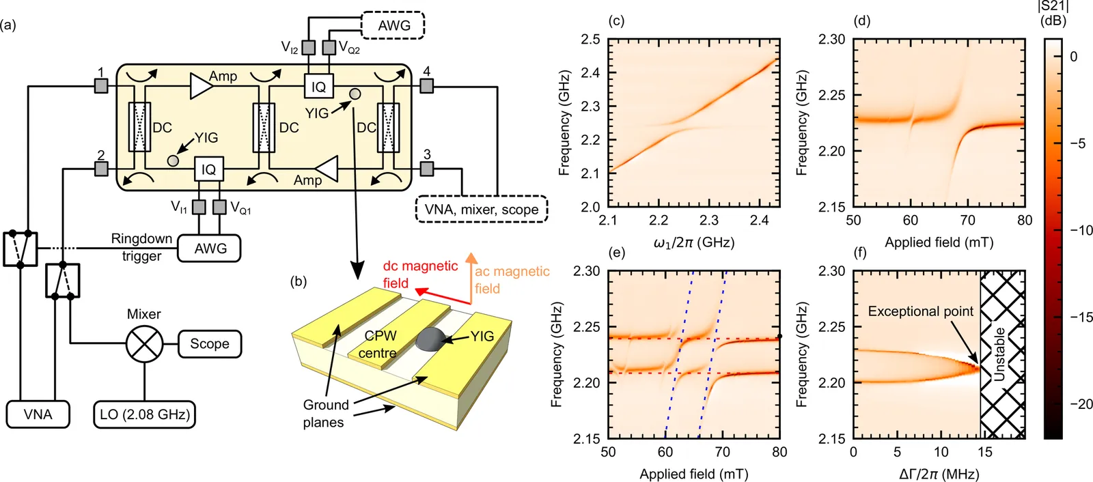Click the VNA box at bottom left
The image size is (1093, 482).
[38, 414]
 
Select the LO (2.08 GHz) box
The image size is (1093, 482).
[145, 414]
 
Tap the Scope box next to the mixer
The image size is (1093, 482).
[210, 344]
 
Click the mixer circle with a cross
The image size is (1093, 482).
[144, 344]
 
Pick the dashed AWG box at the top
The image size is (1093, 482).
[393, 26]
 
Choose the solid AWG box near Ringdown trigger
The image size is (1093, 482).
[210, 249]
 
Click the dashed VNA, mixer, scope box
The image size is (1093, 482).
[481, 210]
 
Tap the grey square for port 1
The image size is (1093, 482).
[101, 86]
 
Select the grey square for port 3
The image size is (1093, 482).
[427, 168]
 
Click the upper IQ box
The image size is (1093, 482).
[318, 87]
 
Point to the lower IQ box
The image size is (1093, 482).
[208, 169]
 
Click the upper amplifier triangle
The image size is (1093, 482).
[200, 86]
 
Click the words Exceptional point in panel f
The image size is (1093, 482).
[920, 311]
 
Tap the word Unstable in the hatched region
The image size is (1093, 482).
[999, 354]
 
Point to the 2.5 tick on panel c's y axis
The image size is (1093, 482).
[590, 40]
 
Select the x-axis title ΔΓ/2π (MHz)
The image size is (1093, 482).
[939, 474]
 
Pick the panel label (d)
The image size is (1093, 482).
[862, 20]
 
